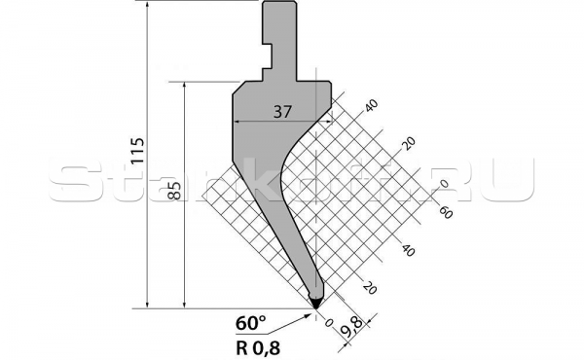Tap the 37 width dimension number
[x=282, y=112]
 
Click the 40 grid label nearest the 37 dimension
[x=370, y=105]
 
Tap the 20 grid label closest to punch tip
[x=368, y=287]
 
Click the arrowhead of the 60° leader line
[x=311, y=312]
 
